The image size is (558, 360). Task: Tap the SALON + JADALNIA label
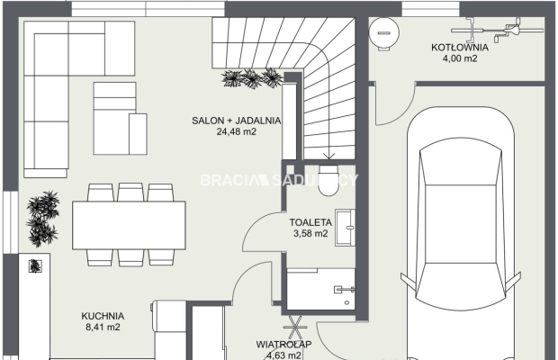click(236, 120)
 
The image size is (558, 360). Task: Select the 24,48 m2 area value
click(236, 131)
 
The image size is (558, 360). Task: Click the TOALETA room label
click(310, 220)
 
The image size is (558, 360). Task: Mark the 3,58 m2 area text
click(310, 233)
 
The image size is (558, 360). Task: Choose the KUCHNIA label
click(102, 316)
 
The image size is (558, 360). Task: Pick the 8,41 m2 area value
click(102, 328)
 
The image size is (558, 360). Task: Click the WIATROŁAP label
click(283, 343)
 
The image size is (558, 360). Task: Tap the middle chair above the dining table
click(131, 193)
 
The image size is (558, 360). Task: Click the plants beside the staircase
click(250, 79)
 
